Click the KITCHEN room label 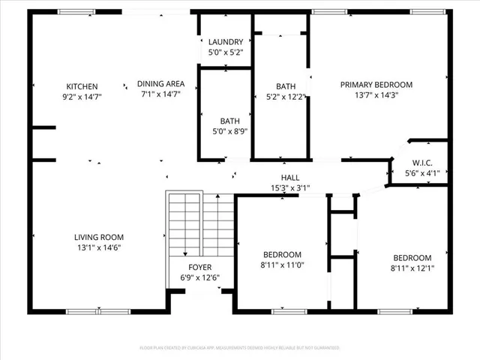pos(82,86)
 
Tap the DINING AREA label pos(160,84)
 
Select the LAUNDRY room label pos(225,42)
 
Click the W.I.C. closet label pos(421,163)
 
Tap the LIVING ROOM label pos(98,237)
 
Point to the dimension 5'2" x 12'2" pos(286,97)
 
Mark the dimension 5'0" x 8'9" pos(229,131)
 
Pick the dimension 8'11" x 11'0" pos(282,265)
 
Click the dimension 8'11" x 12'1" pos(412,268)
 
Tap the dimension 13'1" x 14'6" pos(98,247)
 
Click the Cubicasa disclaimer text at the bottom pos(240,348)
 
